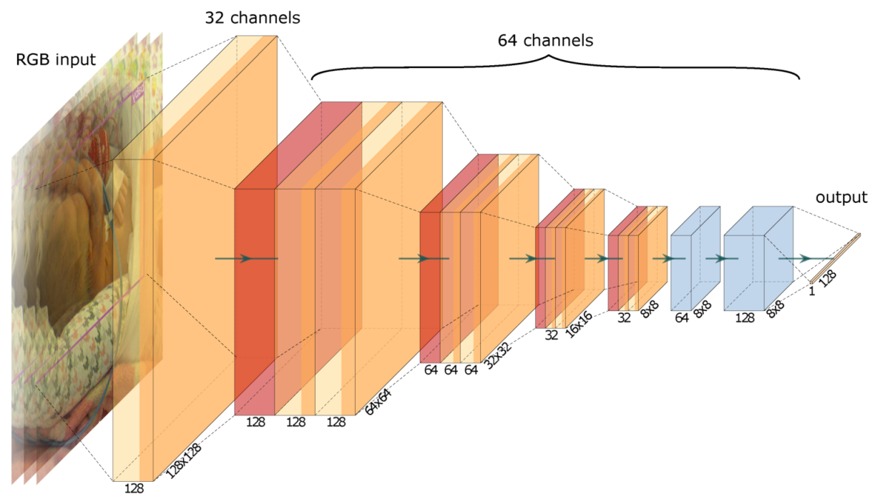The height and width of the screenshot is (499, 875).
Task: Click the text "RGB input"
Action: pos(55,59)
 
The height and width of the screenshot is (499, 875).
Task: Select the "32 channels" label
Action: pos(253,18)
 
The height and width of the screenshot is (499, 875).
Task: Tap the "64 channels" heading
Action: pos(545,41)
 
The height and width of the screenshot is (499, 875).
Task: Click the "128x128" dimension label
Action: pos(182,460)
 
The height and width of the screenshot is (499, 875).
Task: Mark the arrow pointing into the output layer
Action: pos(805,258)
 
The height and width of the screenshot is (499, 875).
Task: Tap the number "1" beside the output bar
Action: pos(811,292)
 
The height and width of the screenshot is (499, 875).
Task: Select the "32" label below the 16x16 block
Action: pos(551,335)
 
